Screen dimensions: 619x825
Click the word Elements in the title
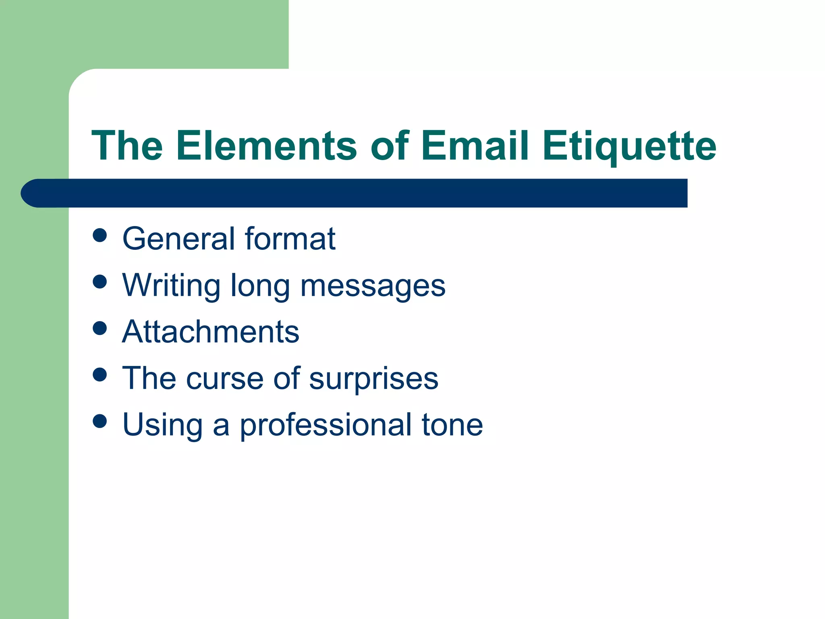(x=266, y=145)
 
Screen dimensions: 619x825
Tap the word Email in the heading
(x=475, y=145)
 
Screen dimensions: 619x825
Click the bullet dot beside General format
(x=99, y=235)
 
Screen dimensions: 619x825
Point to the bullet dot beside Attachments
(x=99, y=328)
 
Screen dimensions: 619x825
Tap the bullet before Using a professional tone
(x=99, y=421)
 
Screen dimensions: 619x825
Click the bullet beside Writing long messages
(x=99, y=282)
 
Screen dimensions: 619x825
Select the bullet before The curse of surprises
(x=99, y=375)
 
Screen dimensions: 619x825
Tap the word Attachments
(x=211, y=332)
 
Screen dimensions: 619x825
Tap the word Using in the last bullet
(x=162, y=426)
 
